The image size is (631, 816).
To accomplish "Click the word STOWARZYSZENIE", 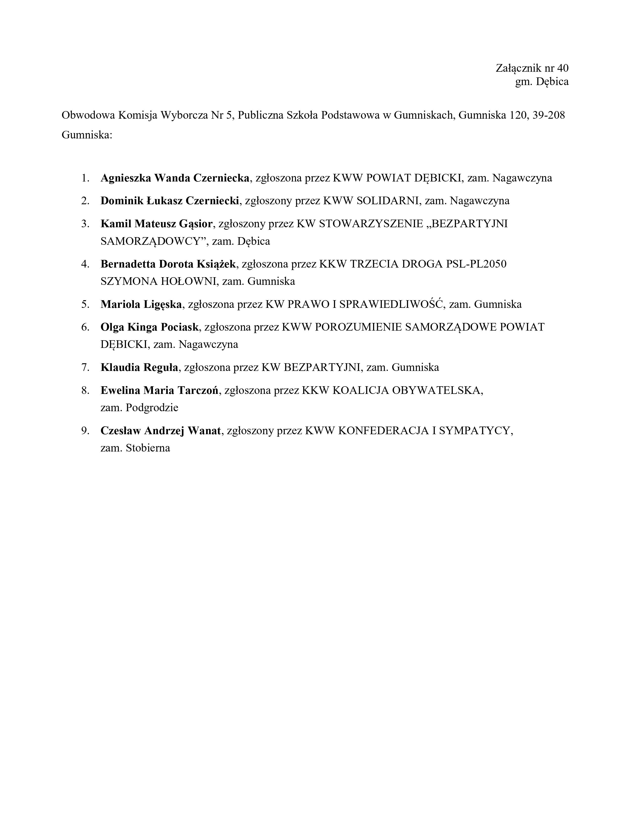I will click(x=372, y=224).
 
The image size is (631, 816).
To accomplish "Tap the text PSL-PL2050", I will click(x=476, y=264).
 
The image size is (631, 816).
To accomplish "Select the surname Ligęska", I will click(x=163, y=304).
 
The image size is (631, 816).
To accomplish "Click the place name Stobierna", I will click(x=148, y=448).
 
